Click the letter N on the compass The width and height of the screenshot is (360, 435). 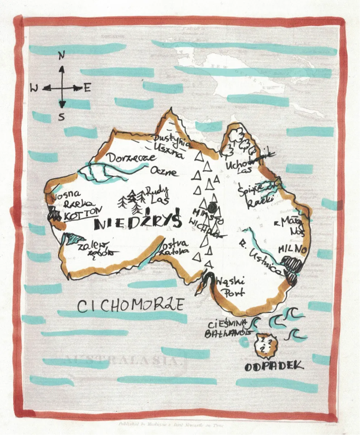click(x=62, y=55)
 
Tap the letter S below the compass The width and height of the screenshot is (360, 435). click(x=62, y=117)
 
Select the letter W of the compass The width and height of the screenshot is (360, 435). click(x=34, y=88)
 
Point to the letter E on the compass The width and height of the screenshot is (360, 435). click(x=87, y=88)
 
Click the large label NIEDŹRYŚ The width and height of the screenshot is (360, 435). click(x=138, y=223)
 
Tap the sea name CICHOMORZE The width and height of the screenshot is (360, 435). click(x=131, y=306)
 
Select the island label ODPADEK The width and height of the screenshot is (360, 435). click(x=274, y=366)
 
